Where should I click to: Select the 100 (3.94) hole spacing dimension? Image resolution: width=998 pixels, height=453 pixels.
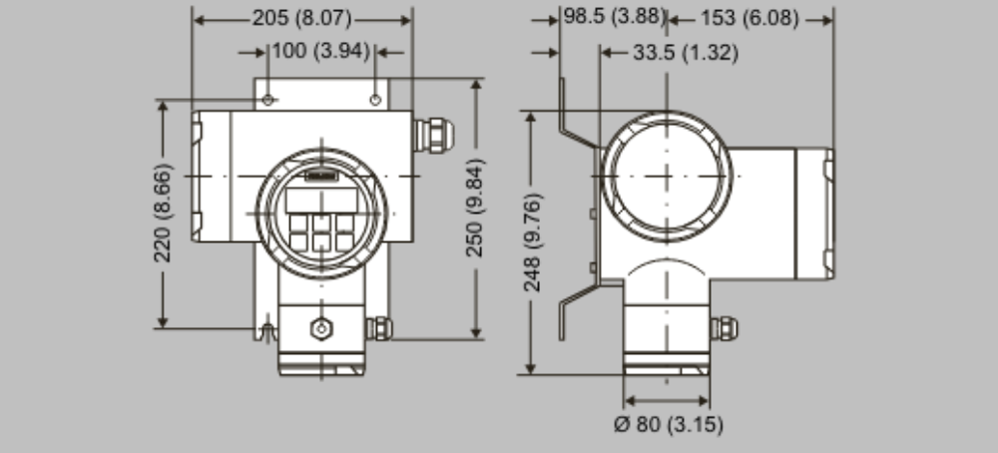[320, 50]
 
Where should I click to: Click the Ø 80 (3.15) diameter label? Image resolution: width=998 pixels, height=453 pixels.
[668, 424]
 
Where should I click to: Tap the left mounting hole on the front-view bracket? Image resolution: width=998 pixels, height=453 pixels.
[268, 100]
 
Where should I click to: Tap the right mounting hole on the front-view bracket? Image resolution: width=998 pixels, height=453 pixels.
[375, 100]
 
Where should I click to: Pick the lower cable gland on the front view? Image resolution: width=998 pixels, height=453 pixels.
[379, 327]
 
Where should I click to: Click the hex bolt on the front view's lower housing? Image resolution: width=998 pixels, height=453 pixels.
[320, 328]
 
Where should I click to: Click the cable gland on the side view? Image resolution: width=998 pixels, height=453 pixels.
[722, 327]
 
